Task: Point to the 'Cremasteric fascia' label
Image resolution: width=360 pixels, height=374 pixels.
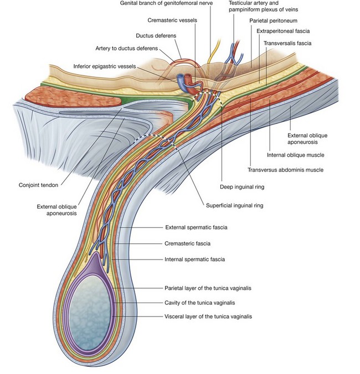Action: [x=188, y=243]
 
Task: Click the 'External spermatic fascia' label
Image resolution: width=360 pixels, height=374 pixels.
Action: [x=196, y=227]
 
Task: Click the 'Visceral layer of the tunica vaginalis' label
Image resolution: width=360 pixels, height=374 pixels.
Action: [x=208, y=316]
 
